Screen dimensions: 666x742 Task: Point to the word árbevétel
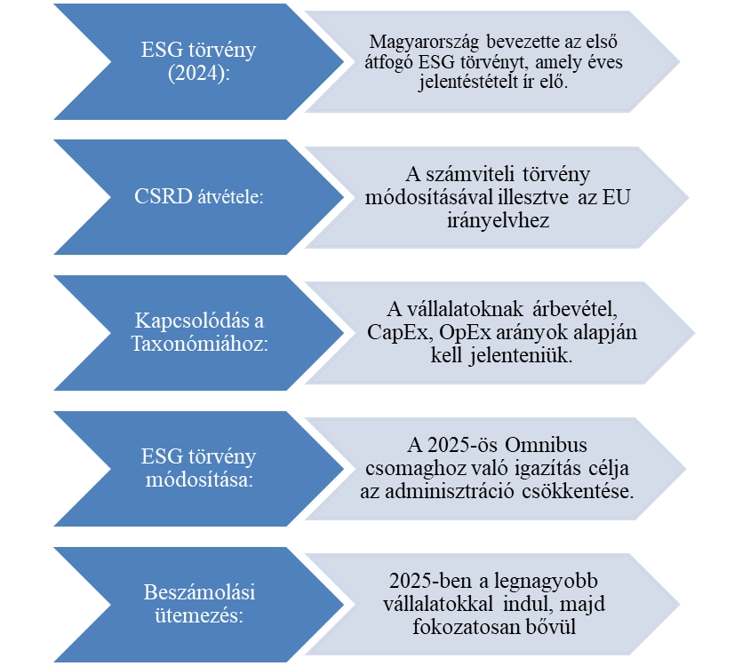coord(578,309)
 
